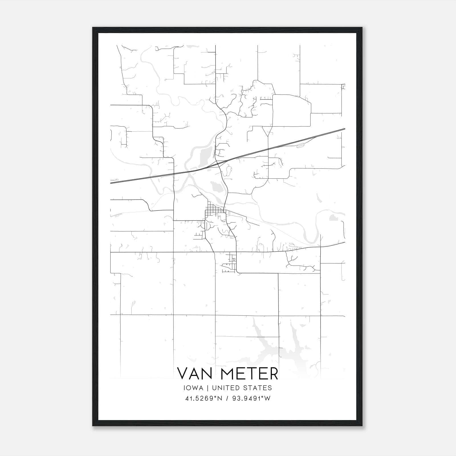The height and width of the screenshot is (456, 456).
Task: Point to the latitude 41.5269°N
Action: click(x=203, y=398)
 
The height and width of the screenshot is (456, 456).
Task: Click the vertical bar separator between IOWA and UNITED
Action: click(x=208, y=388)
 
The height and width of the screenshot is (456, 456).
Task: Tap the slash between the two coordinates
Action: click(x=227, y=398)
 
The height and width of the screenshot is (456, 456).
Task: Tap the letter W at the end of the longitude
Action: click(x=268, y=398)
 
